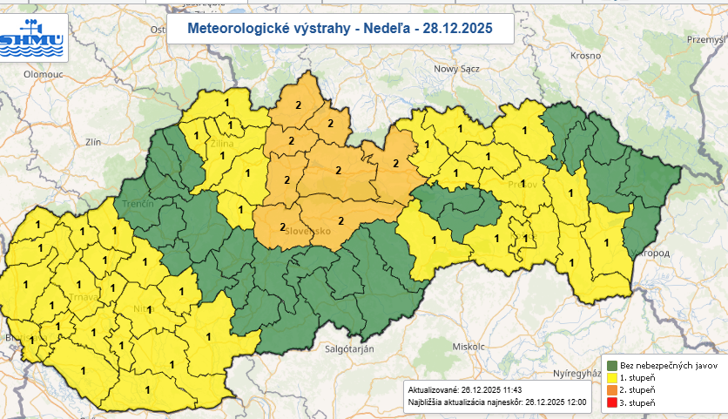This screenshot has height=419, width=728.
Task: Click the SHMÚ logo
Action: (x=33, y=36)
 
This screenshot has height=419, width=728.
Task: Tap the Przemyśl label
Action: (x=705, y=39)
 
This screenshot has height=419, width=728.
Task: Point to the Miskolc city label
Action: (x=468, y=346)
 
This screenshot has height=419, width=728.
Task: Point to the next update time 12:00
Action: (x=574, y=403)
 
